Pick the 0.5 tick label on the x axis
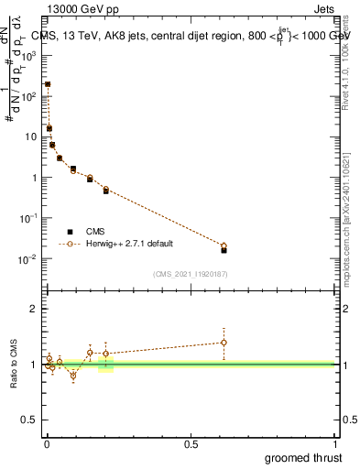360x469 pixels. [x=191, y=443]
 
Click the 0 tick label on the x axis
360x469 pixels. [x=46, y=443]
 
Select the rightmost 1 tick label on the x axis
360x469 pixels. [x=335, y=443]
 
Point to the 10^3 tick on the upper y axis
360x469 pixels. [x=31, y=55]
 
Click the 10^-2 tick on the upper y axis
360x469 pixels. [x=31, y=259]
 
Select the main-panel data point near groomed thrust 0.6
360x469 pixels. [x=224, y=247]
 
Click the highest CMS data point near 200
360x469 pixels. [x=48, y=84]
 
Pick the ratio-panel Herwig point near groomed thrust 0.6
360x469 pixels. [x=224, y=343]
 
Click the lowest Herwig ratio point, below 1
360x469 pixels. [x=73, y=376]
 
